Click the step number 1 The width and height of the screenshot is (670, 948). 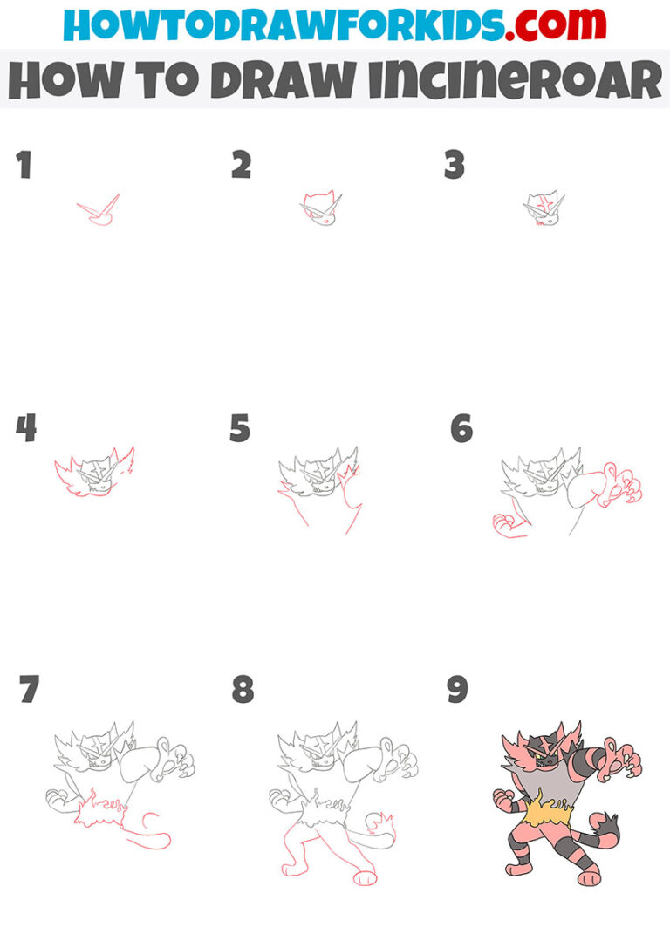[24, 165]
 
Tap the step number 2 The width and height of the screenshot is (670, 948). [241, 165]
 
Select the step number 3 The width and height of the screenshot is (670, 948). [455, 165]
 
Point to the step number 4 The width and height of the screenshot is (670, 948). [25, 428]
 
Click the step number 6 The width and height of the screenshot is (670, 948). [461, 428]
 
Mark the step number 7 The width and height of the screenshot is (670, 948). [28, 690]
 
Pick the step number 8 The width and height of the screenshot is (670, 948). [243, 690]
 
